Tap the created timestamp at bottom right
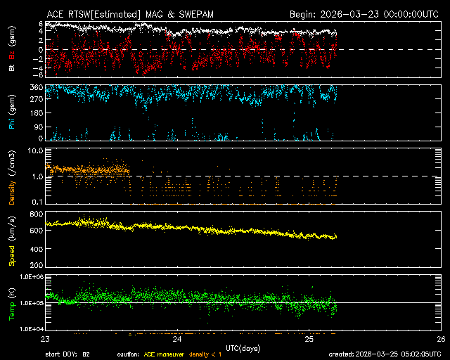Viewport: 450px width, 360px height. click(x=387, y=354)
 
